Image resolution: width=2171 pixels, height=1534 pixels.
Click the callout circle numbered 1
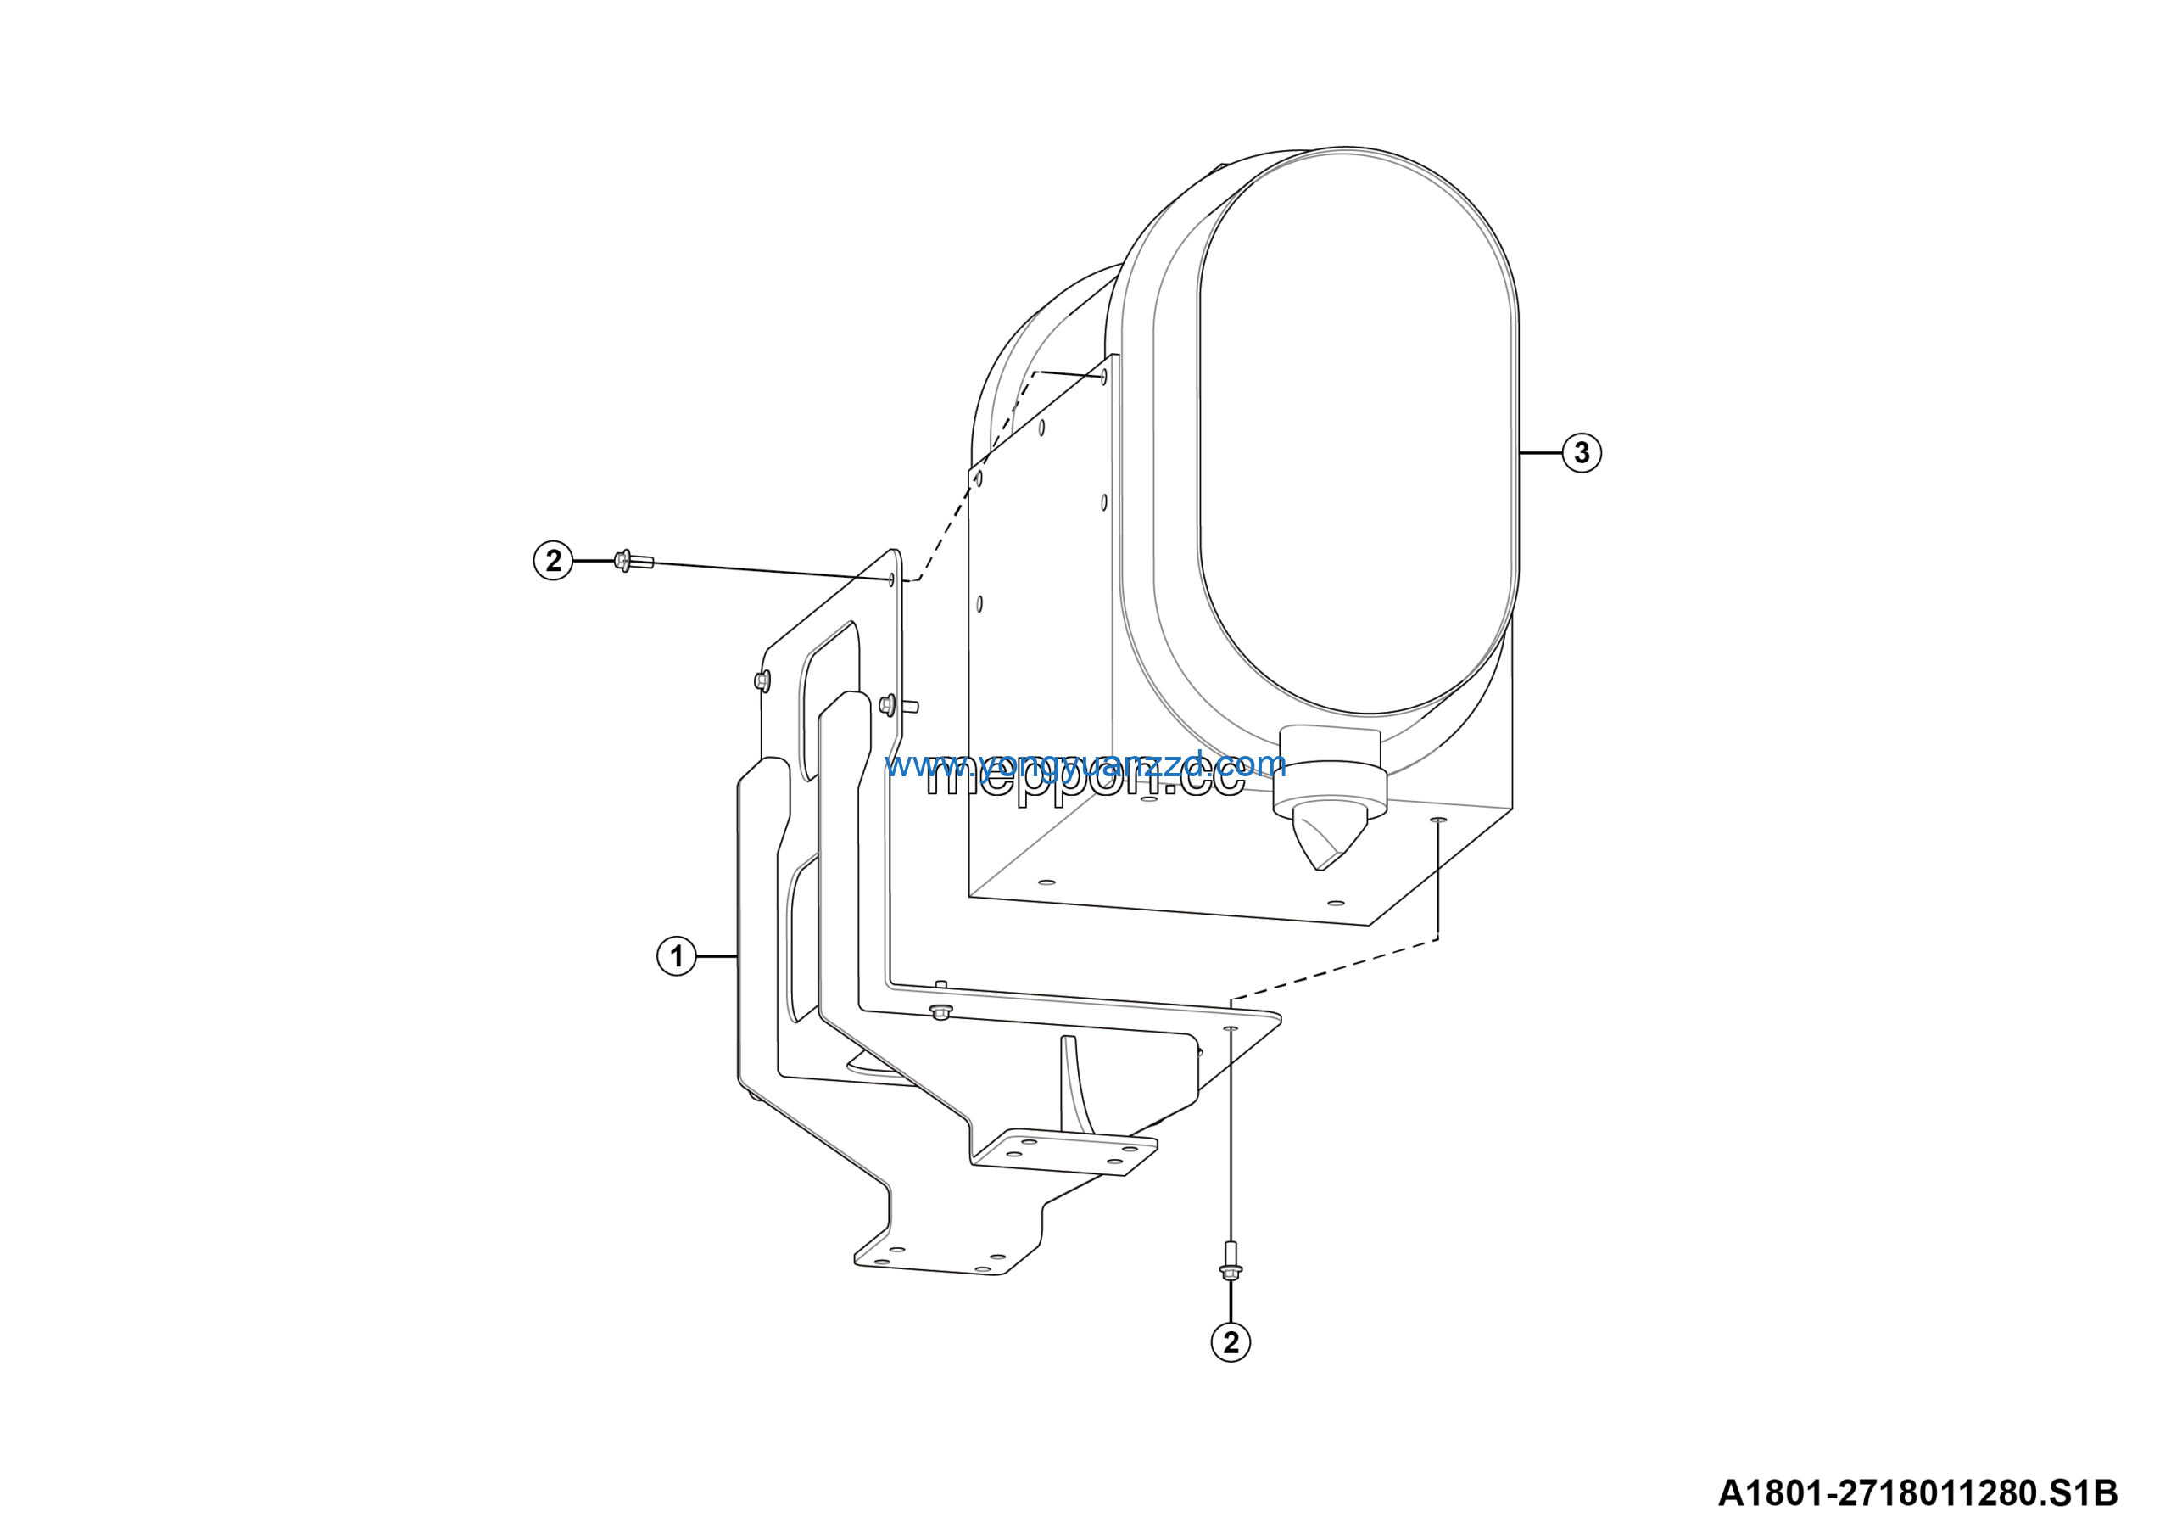click(x=676, y=956)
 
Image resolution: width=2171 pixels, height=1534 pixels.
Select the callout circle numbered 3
click(x=1582, y=453)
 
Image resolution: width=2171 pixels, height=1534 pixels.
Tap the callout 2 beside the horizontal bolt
click(x=553, y=561)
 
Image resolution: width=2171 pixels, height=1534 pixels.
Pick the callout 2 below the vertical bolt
click(x=1231, y=1342)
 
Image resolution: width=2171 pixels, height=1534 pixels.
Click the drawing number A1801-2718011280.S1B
click(x=1917, y=1493)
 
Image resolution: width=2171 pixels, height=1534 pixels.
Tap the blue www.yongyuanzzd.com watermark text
click(x=1085, y=764)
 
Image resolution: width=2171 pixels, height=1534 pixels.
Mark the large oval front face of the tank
click(x=1358, y=430)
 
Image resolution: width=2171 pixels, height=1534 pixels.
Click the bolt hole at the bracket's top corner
click(x=891, y=579)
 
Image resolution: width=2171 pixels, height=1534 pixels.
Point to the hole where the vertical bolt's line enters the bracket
click(x=1231, y=1028)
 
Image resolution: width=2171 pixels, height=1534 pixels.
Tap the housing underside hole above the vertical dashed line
click(x=1438, y=819)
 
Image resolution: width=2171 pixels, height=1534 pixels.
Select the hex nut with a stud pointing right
click(x=888, y=703)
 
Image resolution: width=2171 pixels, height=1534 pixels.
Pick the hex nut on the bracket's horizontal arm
click(x=940, y=1013)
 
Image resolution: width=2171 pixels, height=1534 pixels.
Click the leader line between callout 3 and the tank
click(x=1541, y=453)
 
